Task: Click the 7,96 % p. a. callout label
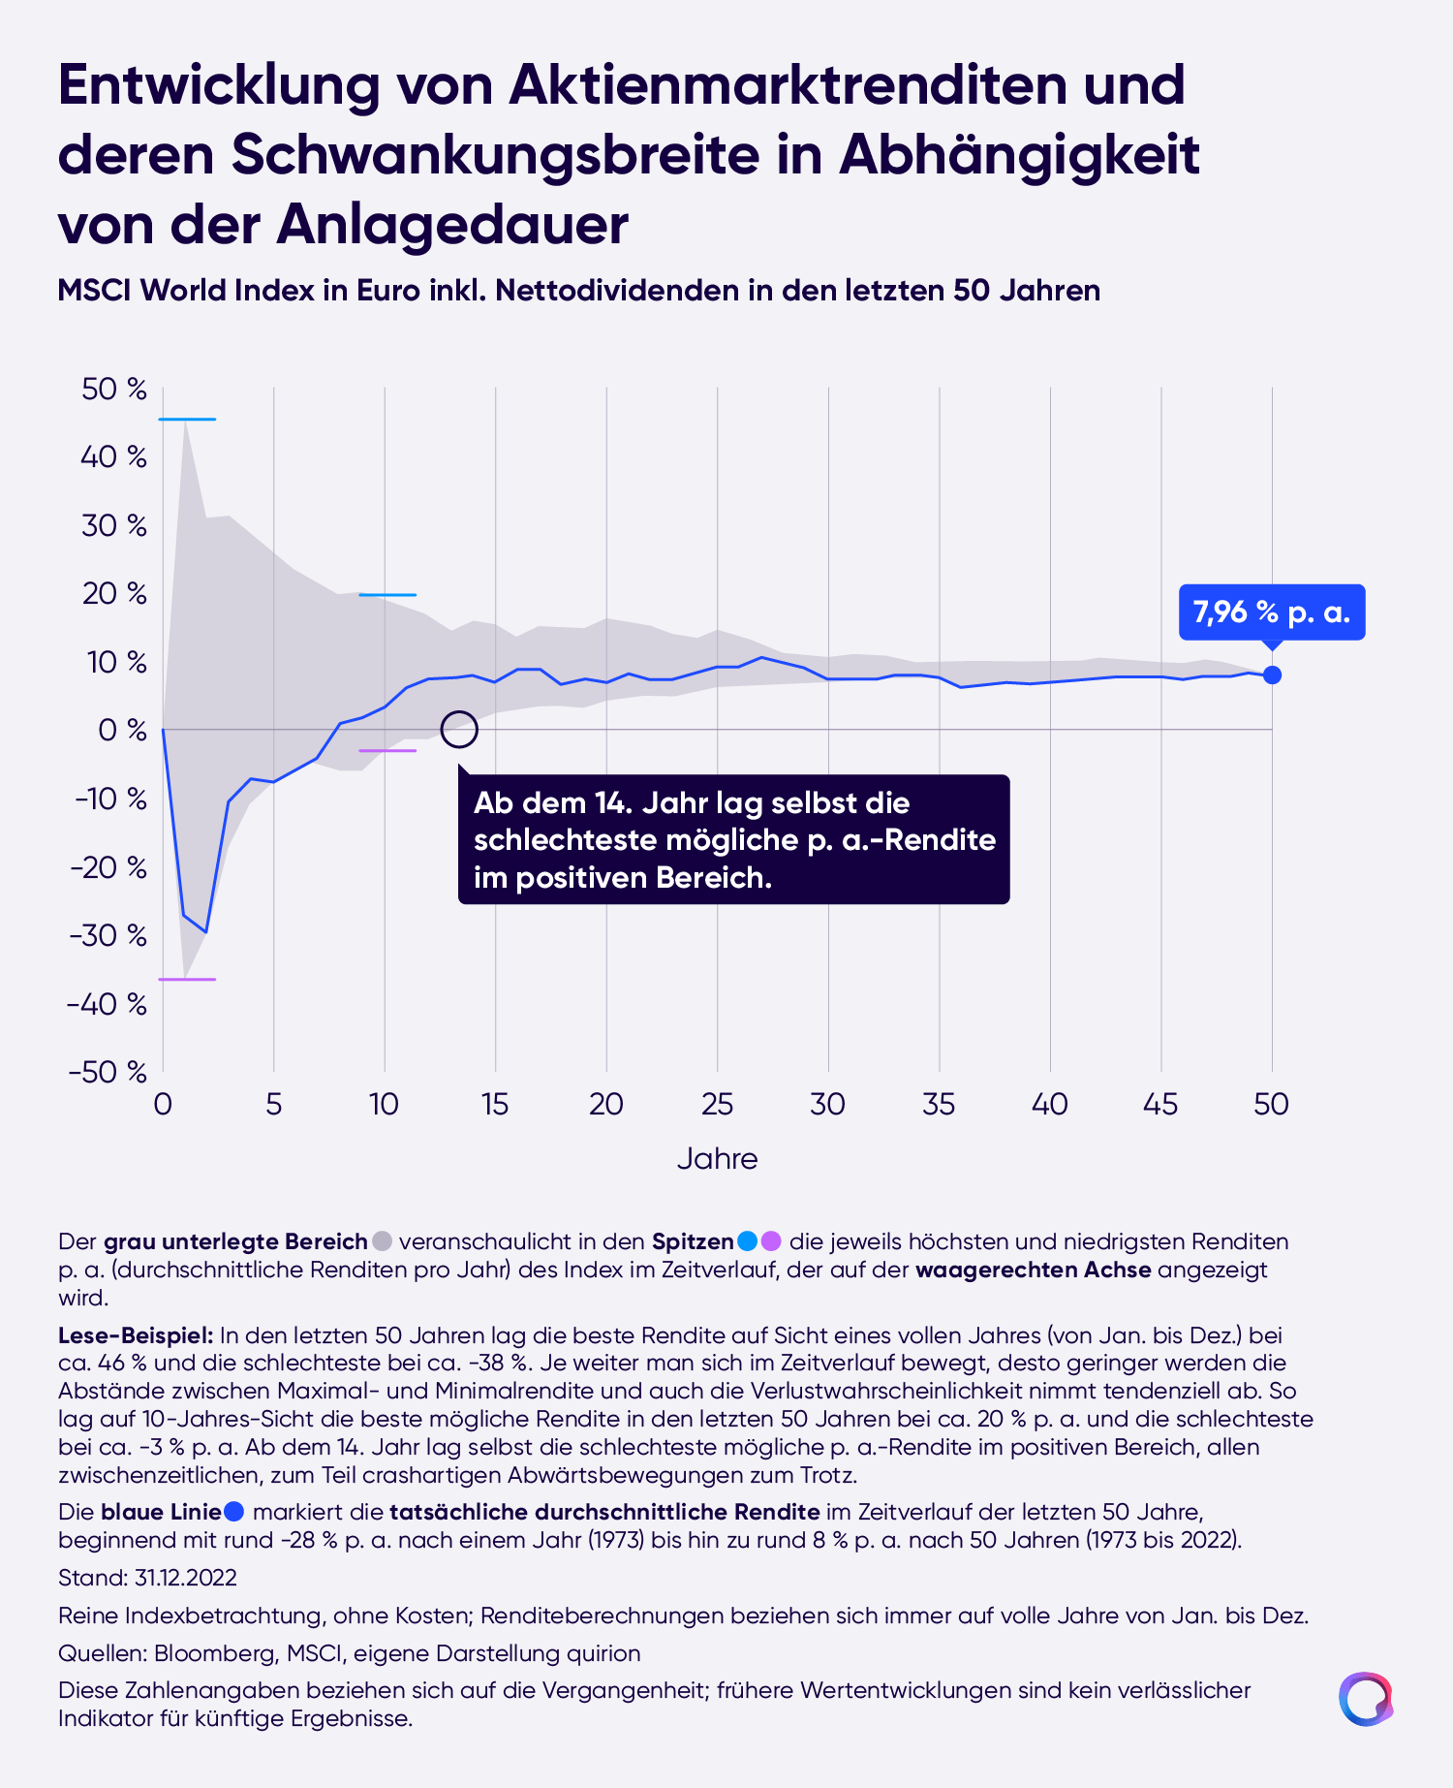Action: (1272, 612)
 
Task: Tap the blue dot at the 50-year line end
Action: (1272, 674)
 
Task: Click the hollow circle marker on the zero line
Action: (459, 729)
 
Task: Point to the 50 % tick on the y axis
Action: (114, 389)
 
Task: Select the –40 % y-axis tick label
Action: (108, 1003)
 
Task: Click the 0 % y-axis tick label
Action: (122, 730)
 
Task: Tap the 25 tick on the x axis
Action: (717, 1104)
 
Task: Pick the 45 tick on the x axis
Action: (1160, 1104)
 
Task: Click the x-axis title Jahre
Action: (717, 1158)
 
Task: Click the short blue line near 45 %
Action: (187, 420)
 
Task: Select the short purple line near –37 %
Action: (187, 980)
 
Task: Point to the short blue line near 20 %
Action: (387, 595)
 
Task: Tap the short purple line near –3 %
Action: (387, 751)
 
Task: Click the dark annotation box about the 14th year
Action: (734, 839)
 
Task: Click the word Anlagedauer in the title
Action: (452, 225)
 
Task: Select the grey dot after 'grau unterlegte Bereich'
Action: (383, 1241)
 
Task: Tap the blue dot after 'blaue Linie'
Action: (233, 1512)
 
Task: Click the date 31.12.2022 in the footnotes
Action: (186, 1578)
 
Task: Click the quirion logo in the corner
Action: (1366, 1699)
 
